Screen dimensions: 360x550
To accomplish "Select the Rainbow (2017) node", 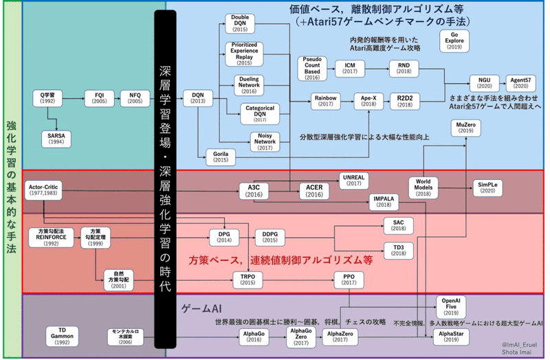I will click(325, 100).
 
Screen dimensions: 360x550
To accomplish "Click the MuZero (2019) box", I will click(465, 126).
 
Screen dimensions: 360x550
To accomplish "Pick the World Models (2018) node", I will click(423, 185).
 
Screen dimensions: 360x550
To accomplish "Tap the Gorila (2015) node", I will click(221, 157).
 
